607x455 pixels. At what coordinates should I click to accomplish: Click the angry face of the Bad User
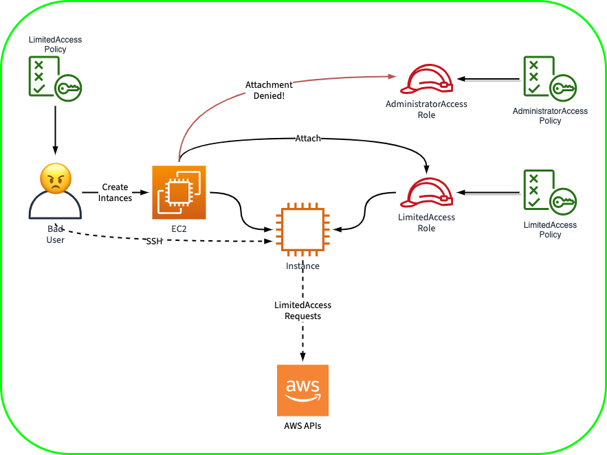click(x=56, y=178)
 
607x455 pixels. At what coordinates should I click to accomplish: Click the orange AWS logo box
click(x=302, y=390)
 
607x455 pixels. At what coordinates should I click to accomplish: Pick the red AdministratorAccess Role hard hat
click(x=426, y=80)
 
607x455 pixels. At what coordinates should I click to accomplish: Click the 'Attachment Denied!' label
click(x=269, y=91)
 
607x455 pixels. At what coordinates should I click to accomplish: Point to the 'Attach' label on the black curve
click(x=308, y=138)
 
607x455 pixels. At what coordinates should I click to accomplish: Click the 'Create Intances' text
click(x=115, y=192)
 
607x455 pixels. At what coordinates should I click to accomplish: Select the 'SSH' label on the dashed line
click(x=154, y=242)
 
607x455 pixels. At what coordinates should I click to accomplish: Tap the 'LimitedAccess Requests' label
click(x=302, y=311)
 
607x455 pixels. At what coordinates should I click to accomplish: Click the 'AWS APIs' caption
click(x=302, y=426)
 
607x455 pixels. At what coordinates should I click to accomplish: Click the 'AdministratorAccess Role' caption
click(x=426, y=110)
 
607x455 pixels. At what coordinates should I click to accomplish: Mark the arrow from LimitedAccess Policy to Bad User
click(x=55, y=130)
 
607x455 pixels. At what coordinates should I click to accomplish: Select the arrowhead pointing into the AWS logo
click(x=302, y=355)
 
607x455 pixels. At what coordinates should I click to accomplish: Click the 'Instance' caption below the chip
click(x=302, y=266)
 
